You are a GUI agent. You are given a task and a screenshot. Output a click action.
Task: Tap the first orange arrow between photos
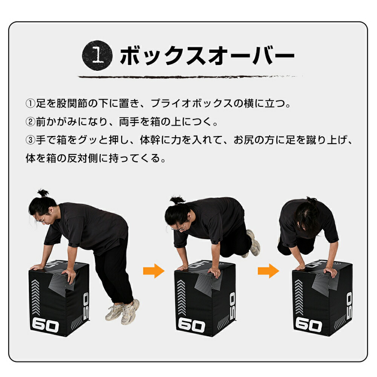point(154,271)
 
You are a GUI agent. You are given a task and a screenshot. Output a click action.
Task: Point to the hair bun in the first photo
point(43,193)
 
